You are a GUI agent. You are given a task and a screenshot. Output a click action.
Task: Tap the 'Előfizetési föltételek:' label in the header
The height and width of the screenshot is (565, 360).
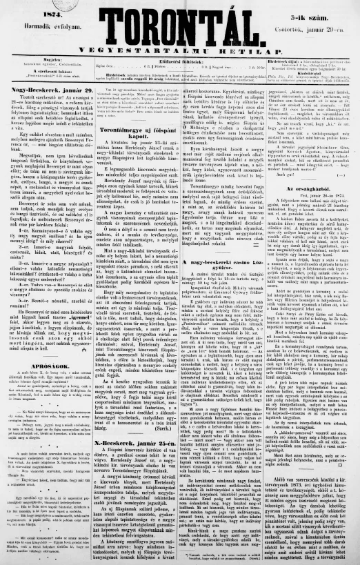pyautogui.click(x=179, y=61)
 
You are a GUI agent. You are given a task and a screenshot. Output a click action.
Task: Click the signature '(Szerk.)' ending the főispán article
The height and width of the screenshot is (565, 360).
pyautogui.click(x=168, y=388)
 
